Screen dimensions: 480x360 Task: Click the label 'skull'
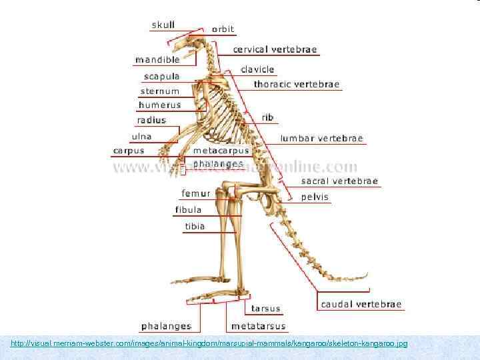click(163, 25)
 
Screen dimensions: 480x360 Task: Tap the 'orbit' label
click(223, 29)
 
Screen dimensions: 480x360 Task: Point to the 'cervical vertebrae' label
click(275, 49)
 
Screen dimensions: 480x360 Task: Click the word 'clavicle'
click(257, 69)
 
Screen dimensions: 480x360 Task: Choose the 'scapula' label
click(161, 76)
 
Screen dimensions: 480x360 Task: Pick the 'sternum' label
click(160, 91)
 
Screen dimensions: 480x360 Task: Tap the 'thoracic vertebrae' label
click(297, 85)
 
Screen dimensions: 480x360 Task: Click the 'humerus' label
click(159, 105)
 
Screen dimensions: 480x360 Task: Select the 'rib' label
click(267, 117)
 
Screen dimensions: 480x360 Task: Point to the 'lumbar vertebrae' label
click(322, 139)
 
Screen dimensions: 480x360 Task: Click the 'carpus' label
click(129, 151)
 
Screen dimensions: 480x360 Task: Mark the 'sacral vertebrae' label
click(339, 181)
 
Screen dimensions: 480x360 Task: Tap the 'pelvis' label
click(315, 197)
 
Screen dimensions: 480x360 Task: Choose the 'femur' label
click(196, 193)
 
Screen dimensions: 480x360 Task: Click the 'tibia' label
click(195, 226)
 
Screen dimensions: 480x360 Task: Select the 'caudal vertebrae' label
click(361, 304)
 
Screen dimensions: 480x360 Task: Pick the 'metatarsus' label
click(258, 326)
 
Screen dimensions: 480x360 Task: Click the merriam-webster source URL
click(209, 343)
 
